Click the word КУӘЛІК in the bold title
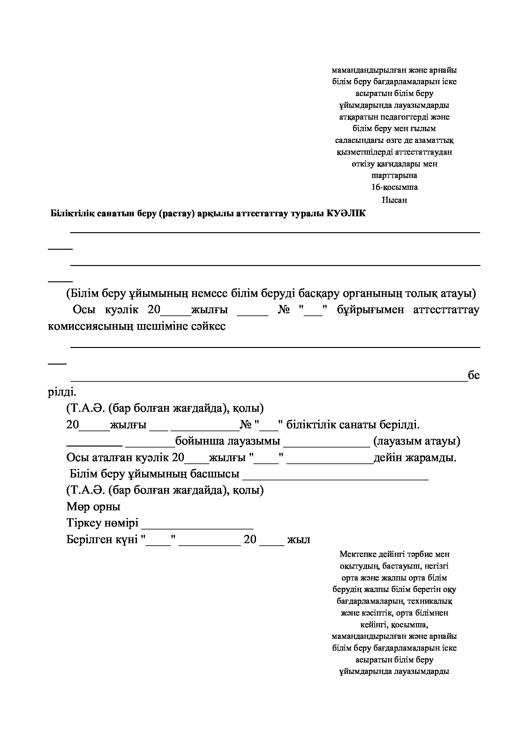tap(346, 213)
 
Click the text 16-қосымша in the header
tap(394, 187)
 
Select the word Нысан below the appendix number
tap(394, 200)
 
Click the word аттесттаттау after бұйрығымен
tap(446, 310)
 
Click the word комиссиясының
tap(90, 326)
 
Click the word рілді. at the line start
tap(62, 392)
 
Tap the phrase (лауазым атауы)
tap(417, 441)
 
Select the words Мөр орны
tap(93, 506)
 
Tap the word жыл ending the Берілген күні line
tap(299, 540)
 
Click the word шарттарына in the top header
tap(394, 175)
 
